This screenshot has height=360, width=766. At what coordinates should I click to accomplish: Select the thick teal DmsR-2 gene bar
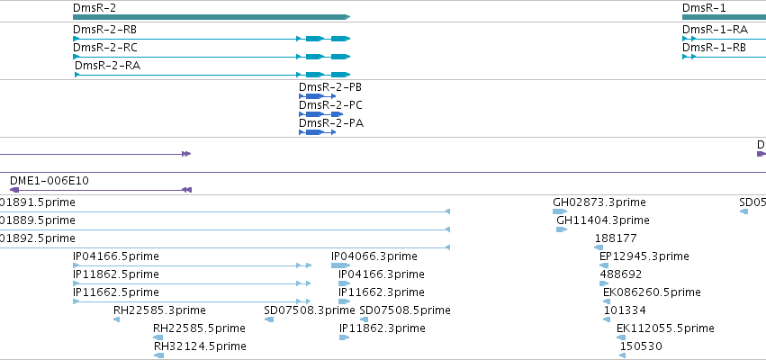coord(212,17)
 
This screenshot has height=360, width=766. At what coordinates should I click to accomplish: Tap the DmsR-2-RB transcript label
coord(104,30)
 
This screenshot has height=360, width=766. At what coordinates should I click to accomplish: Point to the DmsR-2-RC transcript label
coord(105,48)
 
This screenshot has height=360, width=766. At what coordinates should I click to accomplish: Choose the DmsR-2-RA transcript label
coord(107,66)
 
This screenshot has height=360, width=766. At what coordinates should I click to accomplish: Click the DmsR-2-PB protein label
coord(330,87)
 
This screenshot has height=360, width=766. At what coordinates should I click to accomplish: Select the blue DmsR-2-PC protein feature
coord(321,114)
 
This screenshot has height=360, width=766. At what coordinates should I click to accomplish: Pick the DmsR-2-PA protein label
coord(331,123)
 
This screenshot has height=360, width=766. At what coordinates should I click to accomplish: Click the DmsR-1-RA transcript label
coord(715,30)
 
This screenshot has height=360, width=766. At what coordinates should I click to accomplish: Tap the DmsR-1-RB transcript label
coord(714,48)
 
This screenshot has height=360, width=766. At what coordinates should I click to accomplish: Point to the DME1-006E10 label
coord(50,181)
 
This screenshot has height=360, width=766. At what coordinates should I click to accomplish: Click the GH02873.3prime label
coord(599,202)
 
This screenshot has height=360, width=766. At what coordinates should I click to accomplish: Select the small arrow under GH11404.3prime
coord(562,229)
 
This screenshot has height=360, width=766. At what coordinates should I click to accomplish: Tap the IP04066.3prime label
coord(374,256)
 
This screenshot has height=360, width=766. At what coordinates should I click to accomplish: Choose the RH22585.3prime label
coord(159,310)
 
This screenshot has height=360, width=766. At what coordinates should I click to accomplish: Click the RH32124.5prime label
coord(200,346)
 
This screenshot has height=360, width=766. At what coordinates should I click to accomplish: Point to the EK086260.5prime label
coord(653,292)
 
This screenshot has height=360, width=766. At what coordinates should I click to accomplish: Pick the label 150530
coord(641,346)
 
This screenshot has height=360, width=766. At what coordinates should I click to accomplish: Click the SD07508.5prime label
coord(405,310)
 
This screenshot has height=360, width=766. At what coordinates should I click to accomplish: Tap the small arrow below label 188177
coord(599,247)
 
